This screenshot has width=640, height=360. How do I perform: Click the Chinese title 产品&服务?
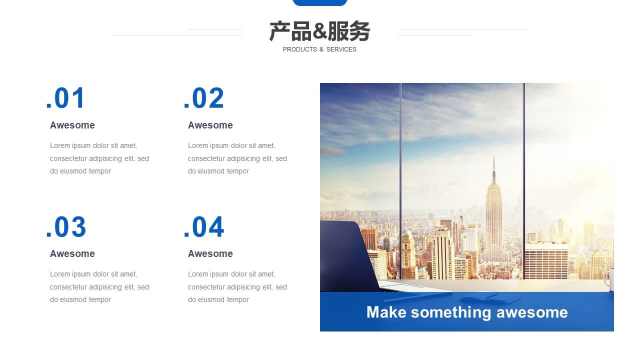(319, 31)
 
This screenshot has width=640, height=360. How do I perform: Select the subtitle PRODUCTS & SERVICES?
(319, 49)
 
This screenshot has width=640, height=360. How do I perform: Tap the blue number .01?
(65, 98)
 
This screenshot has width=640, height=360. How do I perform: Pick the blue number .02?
(203, 98)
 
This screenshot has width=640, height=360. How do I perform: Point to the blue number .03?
(66, 227)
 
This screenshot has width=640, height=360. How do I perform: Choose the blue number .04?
(203, 227)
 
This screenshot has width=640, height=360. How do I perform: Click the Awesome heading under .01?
(72, 125)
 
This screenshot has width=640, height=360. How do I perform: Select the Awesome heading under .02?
(210, 125)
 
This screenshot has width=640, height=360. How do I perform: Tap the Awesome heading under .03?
(72, 253)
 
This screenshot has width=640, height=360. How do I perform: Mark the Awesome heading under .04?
(210, 253)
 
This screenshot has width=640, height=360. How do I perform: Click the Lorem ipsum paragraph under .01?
(99, 158)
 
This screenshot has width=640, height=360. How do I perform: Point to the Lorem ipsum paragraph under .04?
(237, 287)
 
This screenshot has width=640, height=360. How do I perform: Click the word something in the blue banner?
(451, 312)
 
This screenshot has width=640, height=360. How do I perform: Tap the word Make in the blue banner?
(386, 312)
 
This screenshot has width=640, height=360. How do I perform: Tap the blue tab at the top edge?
(320, 2)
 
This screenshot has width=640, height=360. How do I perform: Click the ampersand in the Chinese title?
(319, 31)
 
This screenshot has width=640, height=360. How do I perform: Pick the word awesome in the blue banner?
(532, 312)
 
